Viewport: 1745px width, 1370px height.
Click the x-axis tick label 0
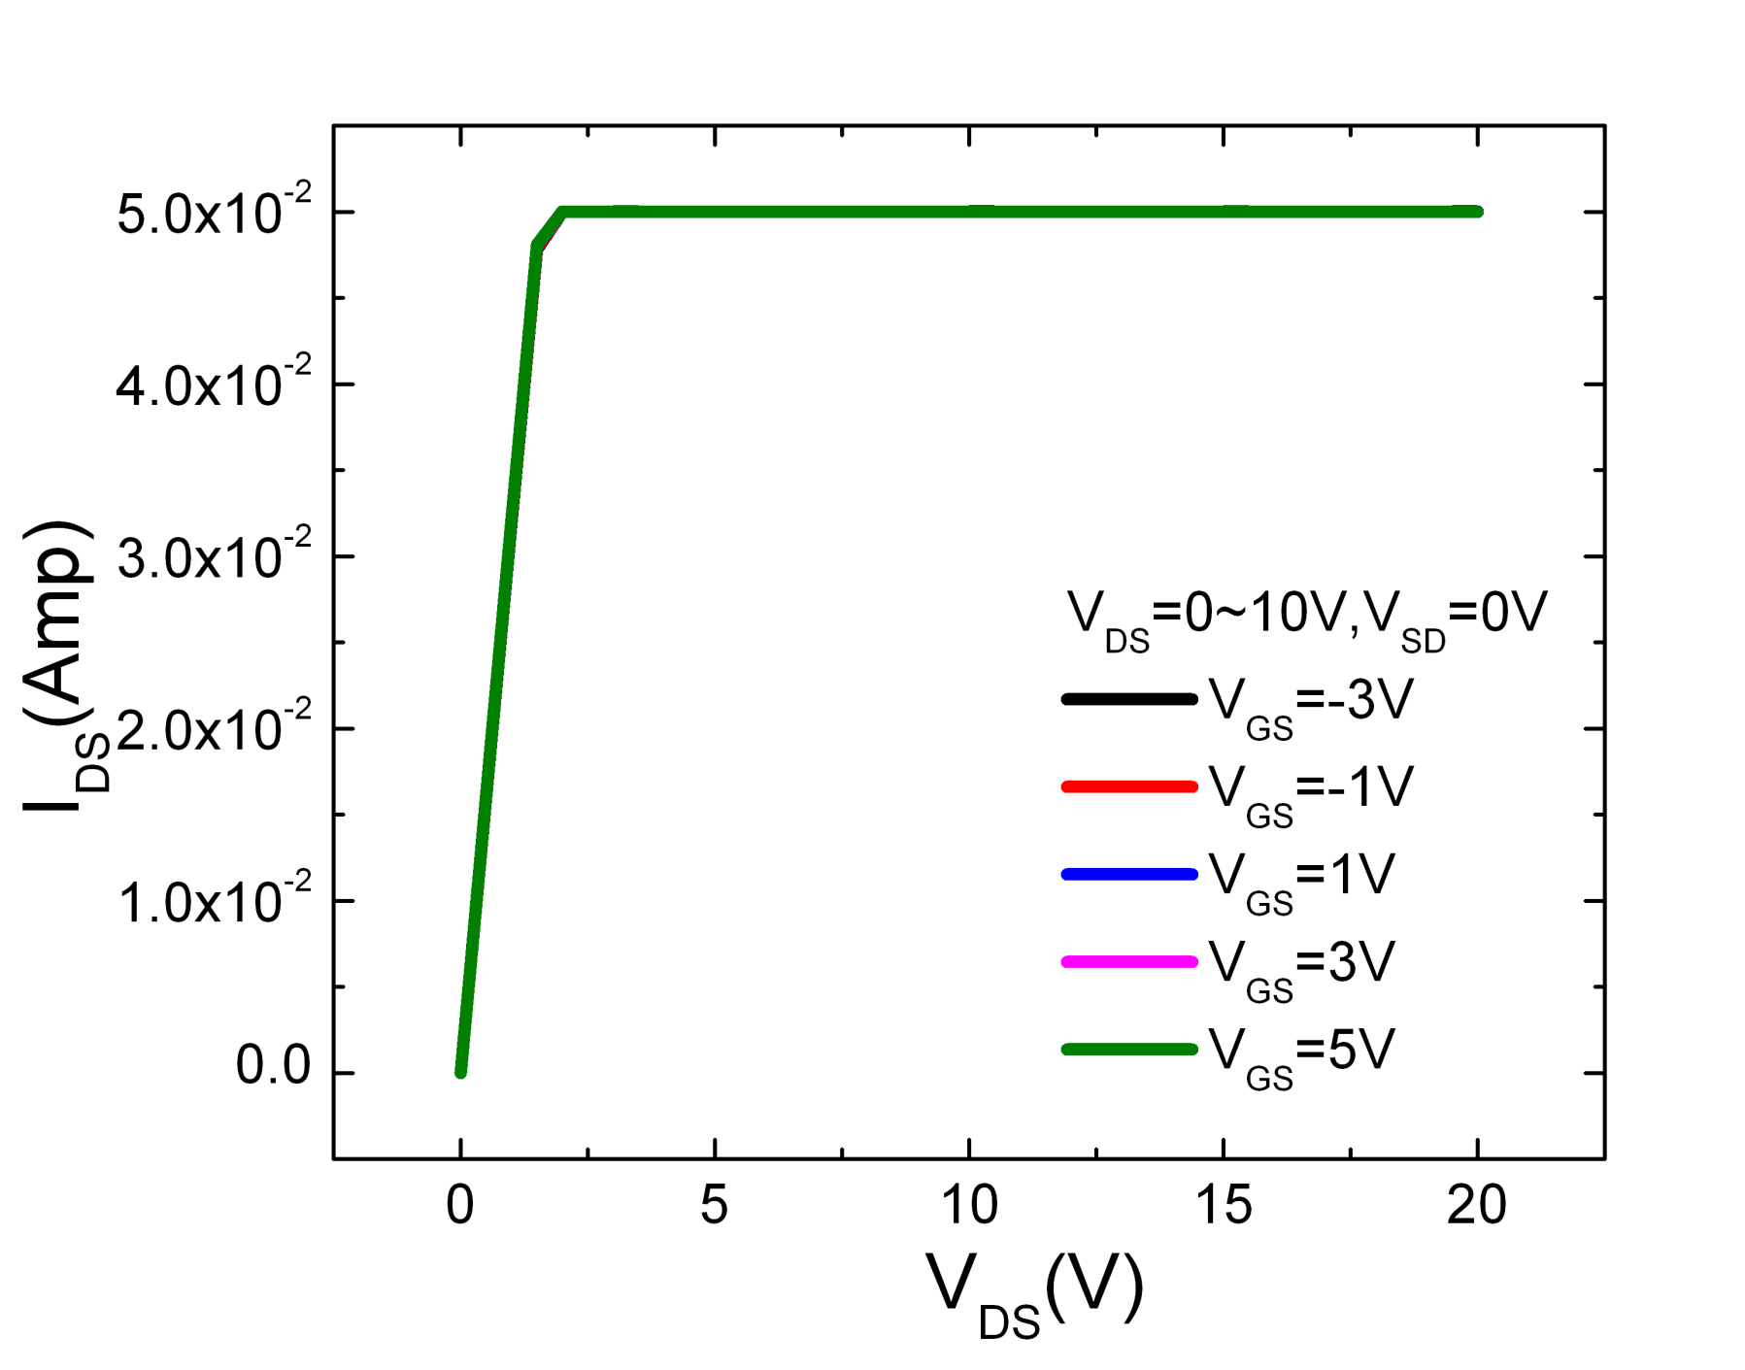pos(460,1207)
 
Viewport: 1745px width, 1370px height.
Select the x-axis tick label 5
pos(714,1207)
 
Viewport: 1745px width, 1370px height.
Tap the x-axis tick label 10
pos(969,1207)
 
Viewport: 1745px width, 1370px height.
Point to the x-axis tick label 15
pos(1224,1207)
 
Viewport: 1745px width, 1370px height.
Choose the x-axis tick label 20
pos(1476,1207)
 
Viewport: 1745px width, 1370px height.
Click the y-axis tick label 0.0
pos(273,1067)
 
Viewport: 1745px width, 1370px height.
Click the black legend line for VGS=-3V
pos(1129,699)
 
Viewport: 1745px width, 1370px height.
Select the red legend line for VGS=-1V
pos(1129,786)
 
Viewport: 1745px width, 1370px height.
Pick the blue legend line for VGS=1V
pos(1129,874)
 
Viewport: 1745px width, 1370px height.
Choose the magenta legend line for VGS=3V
pos(1129,961)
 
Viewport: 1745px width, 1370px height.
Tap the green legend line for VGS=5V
pos(1129,1049)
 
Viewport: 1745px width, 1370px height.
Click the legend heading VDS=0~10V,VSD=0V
pos(1306,617)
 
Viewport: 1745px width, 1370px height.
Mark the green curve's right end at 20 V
pos(1476,212)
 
